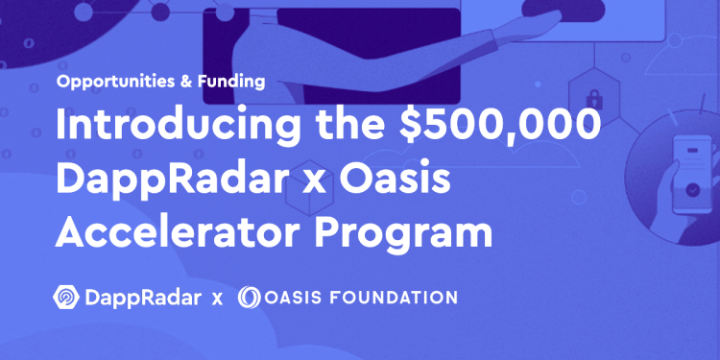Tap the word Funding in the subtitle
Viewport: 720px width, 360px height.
231,82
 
